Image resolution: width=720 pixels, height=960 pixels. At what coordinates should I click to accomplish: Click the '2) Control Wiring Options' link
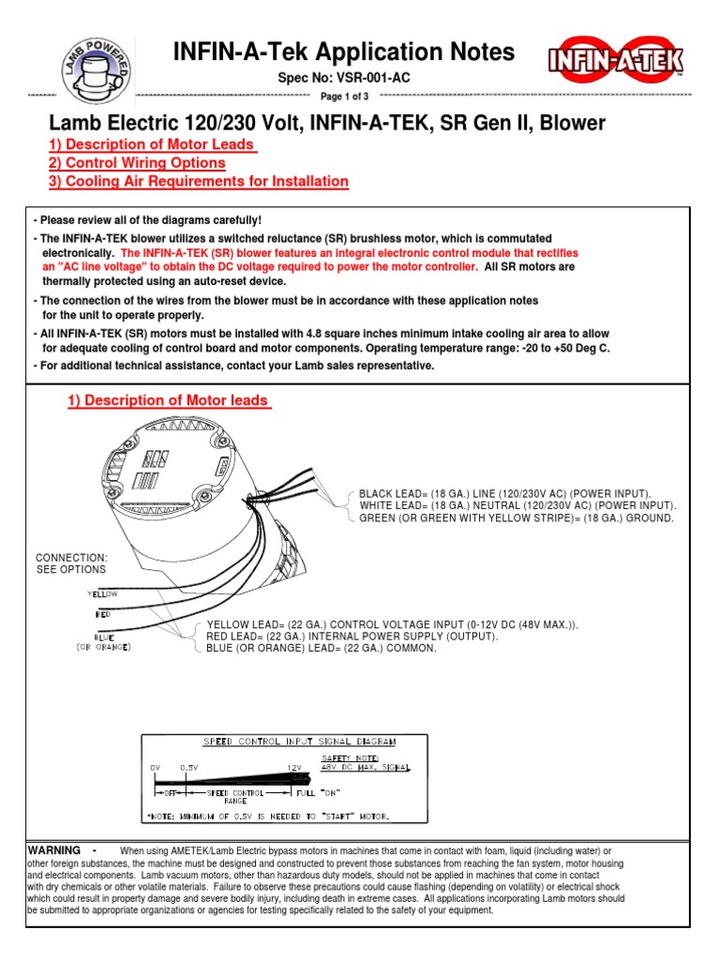click(x=136, y=163)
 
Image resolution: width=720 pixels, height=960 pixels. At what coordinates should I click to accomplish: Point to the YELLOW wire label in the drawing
click(x=102, y=593)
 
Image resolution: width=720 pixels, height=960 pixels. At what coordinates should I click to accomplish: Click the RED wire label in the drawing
click(x=103, y=615)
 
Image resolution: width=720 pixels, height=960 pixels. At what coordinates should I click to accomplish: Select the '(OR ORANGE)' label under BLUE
click(x=104, y=647)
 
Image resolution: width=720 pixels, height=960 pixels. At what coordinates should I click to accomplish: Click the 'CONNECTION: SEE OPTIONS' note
click(x=71, y=563)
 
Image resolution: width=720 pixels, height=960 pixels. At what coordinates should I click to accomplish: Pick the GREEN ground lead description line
click(x=516, y=517)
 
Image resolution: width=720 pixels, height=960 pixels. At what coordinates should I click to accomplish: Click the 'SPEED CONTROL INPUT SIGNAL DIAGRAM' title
click(x=299, y=741)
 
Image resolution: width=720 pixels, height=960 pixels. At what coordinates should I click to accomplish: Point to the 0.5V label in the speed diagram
click(x=189, y=767)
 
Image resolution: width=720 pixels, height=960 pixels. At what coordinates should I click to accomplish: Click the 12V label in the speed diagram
click(x=295, y=767)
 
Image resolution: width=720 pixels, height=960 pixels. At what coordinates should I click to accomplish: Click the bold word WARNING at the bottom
click(x=56, y=850)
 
